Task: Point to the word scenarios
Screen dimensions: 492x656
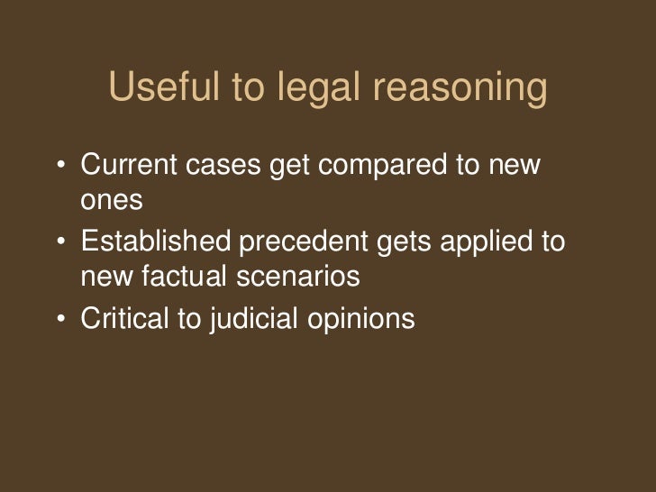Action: point(300,277)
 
